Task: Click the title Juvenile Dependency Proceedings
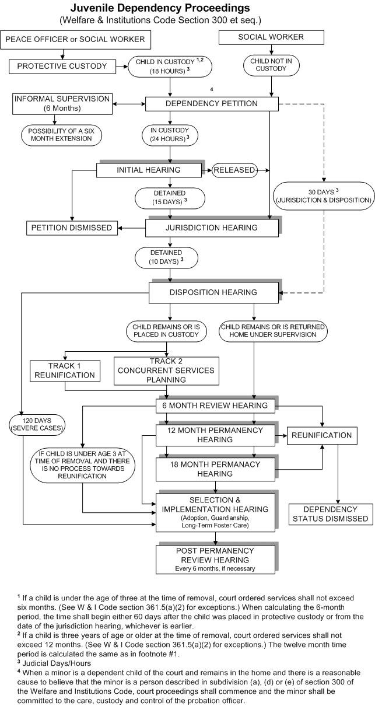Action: coord(160,8)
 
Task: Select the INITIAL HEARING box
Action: coord(149,170)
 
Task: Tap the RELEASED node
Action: coord(234,170)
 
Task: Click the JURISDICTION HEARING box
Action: coord(212,228)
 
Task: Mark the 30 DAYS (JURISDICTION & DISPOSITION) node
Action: coord(323,195)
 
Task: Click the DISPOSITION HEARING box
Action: coord(212,292)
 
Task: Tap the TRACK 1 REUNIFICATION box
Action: coord(65,371)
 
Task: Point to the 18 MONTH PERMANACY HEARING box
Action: coord(215,469)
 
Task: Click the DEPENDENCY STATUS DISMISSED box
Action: coord(330,514)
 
